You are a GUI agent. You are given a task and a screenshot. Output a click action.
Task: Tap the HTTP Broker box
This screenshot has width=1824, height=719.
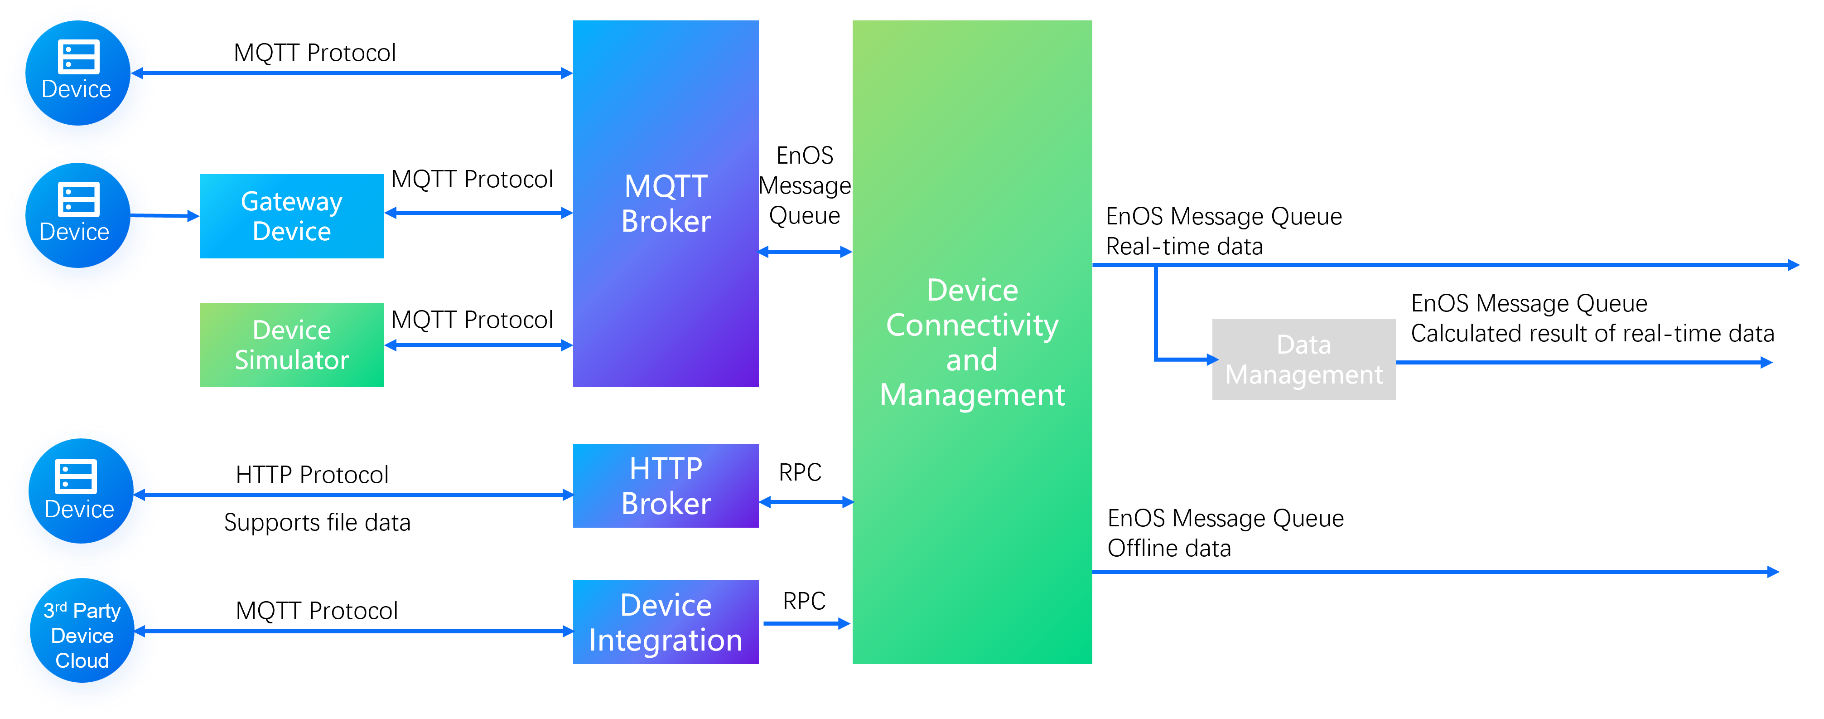coord(665,486)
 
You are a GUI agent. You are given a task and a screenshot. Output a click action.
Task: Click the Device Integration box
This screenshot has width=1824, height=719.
coord(665,622)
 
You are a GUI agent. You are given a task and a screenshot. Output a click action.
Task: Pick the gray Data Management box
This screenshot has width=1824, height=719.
coord(1303,359)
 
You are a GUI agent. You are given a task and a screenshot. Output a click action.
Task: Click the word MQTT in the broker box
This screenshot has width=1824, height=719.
coord(665,186)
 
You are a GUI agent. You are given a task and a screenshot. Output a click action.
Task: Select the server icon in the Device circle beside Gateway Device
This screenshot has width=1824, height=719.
coord(78,199)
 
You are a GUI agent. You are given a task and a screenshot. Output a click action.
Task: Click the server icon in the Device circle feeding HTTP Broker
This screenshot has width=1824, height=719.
coord(76,476)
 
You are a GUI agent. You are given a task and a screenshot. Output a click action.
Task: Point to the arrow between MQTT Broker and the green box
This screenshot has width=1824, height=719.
coord(805,252)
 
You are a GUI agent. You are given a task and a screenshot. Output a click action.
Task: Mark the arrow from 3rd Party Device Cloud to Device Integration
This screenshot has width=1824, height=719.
coord(365,631)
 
